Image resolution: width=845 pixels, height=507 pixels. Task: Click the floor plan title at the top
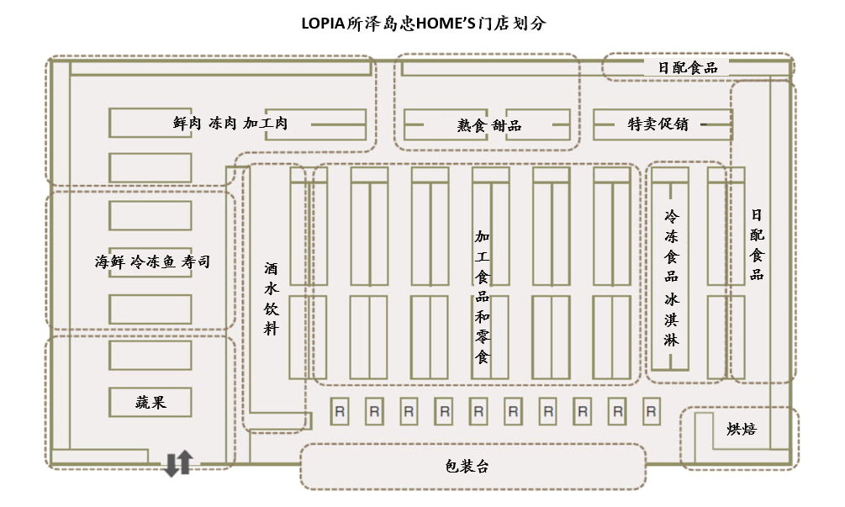click(423, 24)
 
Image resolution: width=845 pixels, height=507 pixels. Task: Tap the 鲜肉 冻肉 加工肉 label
click(230, 124)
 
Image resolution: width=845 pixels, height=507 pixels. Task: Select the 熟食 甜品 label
click(489, 125)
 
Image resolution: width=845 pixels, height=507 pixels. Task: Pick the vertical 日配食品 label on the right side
click(757, 245)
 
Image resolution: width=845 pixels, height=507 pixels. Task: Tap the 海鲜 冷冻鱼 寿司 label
click(152, 262)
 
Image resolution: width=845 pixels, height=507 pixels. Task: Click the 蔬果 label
click(151, 402)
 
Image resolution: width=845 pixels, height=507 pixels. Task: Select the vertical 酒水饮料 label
click(271, 298)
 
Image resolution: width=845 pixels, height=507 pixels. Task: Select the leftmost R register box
click(340, 412)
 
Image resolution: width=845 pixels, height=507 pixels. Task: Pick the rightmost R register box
click(651, 412)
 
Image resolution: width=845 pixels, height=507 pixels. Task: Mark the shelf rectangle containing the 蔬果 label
click(151, 402)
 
